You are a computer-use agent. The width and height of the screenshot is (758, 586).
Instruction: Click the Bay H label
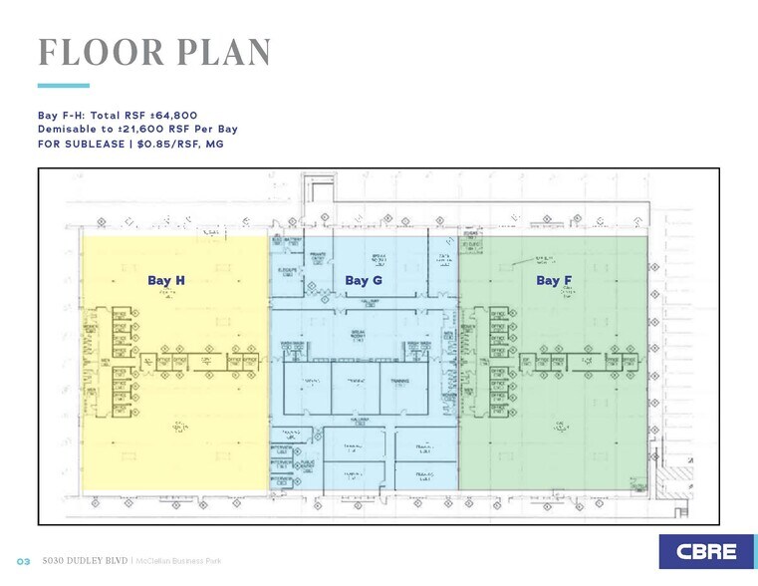click(166, 281)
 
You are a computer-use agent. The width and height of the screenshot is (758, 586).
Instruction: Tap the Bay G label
click(364, 281)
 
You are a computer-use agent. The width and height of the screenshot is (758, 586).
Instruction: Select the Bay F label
click(548, 281)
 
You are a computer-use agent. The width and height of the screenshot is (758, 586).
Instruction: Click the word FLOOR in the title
click(96, 53)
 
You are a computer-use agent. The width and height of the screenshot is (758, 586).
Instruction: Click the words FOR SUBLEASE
click(80, 144)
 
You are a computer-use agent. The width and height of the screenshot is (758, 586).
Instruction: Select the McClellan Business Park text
click(178, 562)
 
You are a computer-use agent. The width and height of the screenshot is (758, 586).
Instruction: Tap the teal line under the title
click(63, 86)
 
